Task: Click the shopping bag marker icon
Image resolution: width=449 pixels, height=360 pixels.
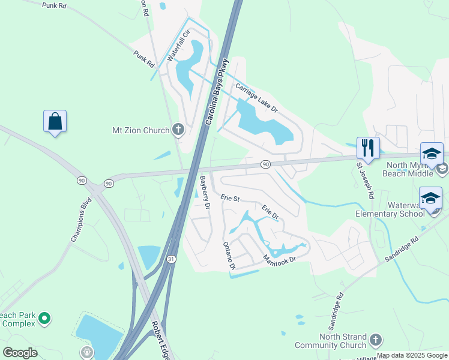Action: (55, 121)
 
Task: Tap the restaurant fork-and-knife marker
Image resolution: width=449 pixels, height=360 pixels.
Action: (367, 148)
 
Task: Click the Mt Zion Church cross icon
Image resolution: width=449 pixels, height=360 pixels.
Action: (178, 129)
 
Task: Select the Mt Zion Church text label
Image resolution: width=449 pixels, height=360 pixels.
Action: (141, 130)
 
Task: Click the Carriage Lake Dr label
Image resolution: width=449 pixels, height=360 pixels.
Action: (256, 98)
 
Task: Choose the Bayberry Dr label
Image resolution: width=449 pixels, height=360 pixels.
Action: (206, 192)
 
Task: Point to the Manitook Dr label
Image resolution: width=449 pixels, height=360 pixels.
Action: (279, 260)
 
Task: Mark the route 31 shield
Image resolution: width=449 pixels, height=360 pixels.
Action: (171, 258)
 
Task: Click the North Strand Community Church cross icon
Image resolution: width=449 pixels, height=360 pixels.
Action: (376, 340)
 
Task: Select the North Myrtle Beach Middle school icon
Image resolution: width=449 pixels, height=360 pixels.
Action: (432, 154)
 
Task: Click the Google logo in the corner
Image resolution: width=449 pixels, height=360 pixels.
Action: (20, 353)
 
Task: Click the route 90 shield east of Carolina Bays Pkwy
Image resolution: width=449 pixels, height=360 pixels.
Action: (265, 164)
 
